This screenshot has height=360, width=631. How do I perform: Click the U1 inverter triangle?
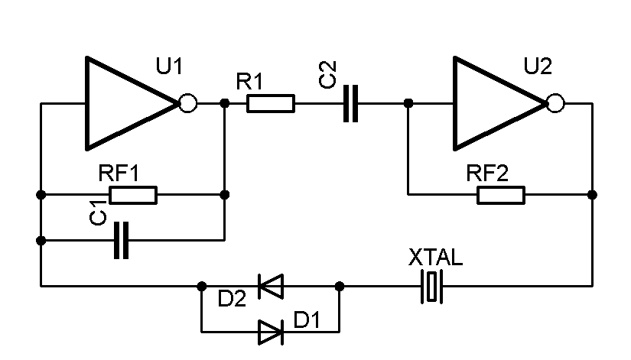point(126,102)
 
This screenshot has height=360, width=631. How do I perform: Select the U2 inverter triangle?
point(493,102)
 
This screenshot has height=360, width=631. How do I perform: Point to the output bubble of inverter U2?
point(555,103)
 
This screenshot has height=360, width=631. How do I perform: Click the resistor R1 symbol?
point(271,103)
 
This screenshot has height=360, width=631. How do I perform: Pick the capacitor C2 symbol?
point(351,103)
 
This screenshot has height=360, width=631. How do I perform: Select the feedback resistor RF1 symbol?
point(133,195)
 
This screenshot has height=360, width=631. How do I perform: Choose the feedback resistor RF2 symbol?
point(501,195)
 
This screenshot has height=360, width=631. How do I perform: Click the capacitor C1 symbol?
point(121,241)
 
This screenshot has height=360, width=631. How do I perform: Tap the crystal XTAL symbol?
point(434,287)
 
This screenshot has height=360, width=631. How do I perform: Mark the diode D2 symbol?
point(270,287)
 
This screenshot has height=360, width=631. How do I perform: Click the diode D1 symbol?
point(270,332)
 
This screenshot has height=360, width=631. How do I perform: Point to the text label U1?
point(169,67)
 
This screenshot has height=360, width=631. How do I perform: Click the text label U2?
point(537,67)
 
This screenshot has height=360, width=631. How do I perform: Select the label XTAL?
point(435,258)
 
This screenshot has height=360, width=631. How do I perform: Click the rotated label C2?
point(327,76)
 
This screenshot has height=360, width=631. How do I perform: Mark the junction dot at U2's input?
point(408,103)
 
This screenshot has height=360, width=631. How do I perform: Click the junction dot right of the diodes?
point(340,287)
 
